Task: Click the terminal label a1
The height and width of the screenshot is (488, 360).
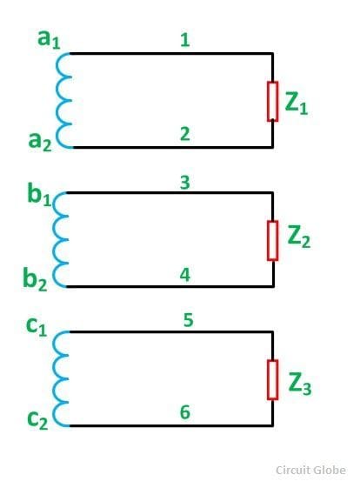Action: click(x=49, y=39)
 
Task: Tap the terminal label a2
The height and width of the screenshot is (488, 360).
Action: click(x=40, y=142)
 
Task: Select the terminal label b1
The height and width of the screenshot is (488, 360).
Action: click(x=39, y=195)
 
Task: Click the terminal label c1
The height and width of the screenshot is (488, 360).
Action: click(x=37, y=327)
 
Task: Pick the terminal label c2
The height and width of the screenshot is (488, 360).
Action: click(x=37, y=420)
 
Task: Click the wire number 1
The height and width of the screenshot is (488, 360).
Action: click(x=185, y=40)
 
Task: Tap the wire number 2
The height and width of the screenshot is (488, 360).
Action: click(x=185, y=134)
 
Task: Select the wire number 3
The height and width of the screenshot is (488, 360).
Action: click(x=185, y=183)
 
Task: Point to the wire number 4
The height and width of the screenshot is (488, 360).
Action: click(x=185, y=275)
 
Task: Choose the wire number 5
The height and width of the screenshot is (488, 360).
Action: click(x=188, y=320)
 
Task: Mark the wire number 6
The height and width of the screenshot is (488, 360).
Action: click(x=185, y=412)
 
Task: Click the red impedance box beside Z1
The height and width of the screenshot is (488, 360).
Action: click(x=272, y=102)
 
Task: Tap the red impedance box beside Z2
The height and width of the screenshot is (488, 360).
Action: click(x=272, y=241)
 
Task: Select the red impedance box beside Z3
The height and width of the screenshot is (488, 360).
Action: click(x=272, y=379)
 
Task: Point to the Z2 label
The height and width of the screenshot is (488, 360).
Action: click(x=299, y=237)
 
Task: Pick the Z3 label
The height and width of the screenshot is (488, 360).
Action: click(x=300, y=384)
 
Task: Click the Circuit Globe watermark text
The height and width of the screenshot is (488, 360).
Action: click(x=310, y=470)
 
